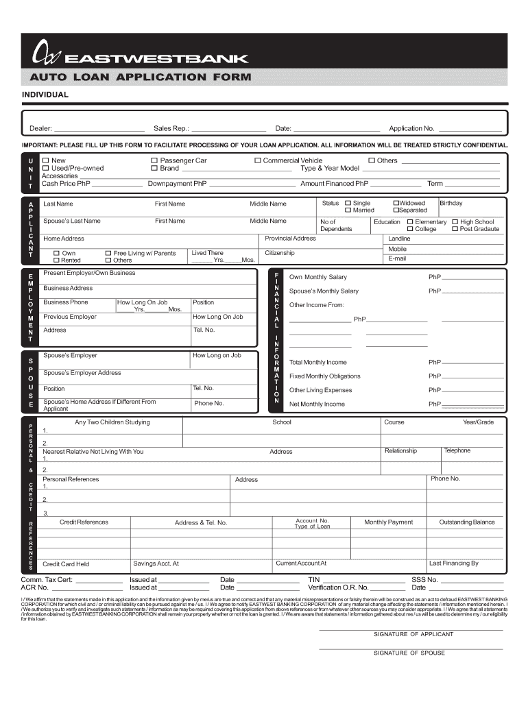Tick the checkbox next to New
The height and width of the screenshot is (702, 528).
point(46,160)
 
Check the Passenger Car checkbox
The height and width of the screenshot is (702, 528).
point(154,160)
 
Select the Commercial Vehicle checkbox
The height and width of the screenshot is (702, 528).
point(258,160)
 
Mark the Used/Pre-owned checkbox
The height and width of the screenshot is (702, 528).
point(46,168)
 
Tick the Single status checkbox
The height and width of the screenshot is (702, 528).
point(348,203)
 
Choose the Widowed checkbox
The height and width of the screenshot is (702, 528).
point(396,203)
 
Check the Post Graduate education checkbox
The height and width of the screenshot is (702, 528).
point(455,229)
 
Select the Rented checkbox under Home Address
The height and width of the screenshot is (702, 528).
point(56,261)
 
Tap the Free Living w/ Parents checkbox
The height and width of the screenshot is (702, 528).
point(108,253)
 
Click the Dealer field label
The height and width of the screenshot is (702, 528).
point(40,129)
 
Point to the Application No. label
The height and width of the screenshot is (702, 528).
point(411,129)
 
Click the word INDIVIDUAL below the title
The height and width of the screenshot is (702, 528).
point(45,95)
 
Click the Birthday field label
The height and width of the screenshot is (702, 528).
point(451,204)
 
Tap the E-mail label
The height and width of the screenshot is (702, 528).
point(397,259)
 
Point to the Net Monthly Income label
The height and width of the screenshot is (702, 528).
point(317,404)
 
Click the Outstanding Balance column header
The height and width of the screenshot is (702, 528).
point(466,522)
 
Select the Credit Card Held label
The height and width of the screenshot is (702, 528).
point(66,564)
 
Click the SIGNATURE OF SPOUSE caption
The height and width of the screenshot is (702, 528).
point(409,653)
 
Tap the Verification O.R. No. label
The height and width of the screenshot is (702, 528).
point(338,588)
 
